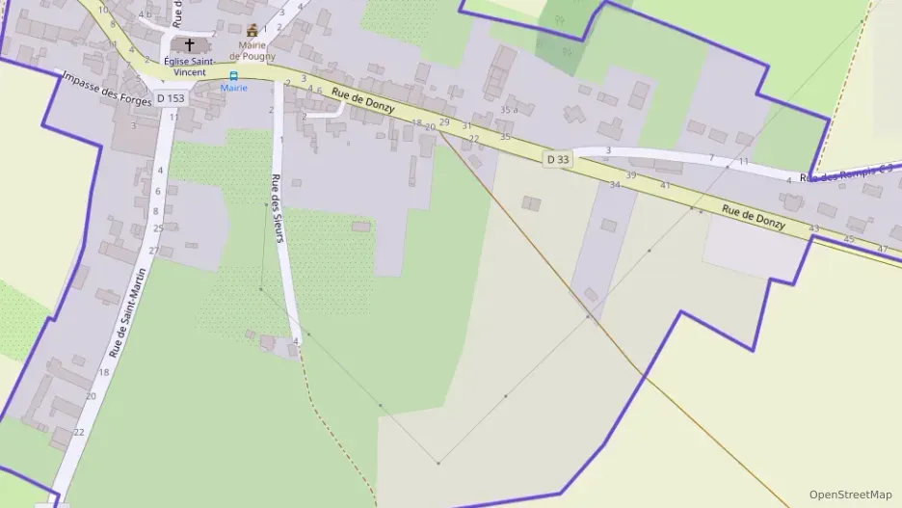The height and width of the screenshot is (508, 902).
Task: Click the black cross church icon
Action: (189, 45)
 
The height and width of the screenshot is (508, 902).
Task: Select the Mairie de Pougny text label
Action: (252, 50)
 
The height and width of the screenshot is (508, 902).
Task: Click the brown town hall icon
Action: (252, 31)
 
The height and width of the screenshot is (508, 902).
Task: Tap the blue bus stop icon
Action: (233, 75)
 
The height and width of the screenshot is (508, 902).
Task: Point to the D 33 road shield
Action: (558, 159)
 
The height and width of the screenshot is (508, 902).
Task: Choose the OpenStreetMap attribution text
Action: (850, 495)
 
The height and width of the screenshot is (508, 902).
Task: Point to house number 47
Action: (883, 249)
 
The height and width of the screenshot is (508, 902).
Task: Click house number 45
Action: (848, 238)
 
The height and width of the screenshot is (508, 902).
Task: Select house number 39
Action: (631, 175)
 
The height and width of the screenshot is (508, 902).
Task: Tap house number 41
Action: (665, 184)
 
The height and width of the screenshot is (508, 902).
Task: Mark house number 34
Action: (614, 184)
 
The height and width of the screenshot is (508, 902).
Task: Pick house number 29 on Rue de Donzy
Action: (444, 122)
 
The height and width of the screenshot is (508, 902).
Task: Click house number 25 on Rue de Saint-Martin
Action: (158, 228)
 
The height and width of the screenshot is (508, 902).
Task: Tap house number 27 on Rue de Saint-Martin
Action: (153, 251)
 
